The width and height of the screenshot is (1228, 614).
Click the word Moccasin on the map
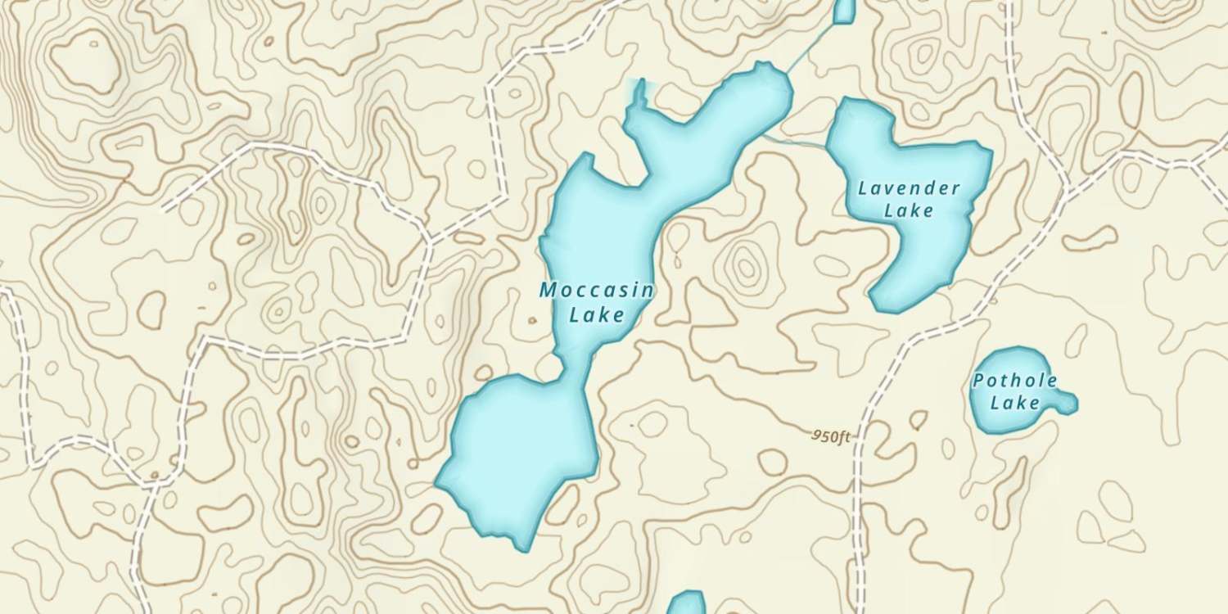click(x=596, y=290)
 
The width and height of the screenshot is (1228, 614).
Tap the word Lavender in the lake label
click(x=909, y=188)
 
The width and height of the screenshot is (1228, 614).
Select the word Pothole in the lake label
click(x=1014, y=381)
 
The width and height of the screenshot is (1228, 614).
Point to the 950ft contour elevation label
click(x=832, y=436)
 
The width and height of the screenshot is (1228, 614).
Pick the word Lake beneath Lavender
click(x=909, y=210)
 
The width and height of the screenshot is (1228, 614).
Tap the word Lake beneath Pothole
click(x=1014, y=402)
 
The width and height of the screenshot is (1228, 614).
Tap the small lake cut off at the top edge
click(x=844, y=10)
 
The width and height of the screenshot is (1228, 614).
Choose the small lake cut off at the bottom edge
click(x=685, y=604)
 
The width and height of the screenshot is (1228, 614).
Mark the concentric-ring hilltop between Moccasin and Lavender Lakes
click(x=745, y=264)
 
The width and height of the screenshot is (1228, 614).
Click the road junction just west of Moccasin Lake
click(x=429, y=240)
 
